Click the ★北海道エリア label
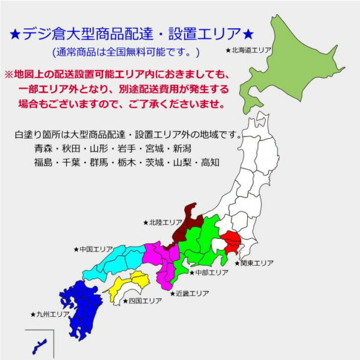248,50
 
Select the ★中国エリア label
93,249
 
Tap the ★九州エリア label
50,314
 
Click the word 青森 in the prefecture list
44,148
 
